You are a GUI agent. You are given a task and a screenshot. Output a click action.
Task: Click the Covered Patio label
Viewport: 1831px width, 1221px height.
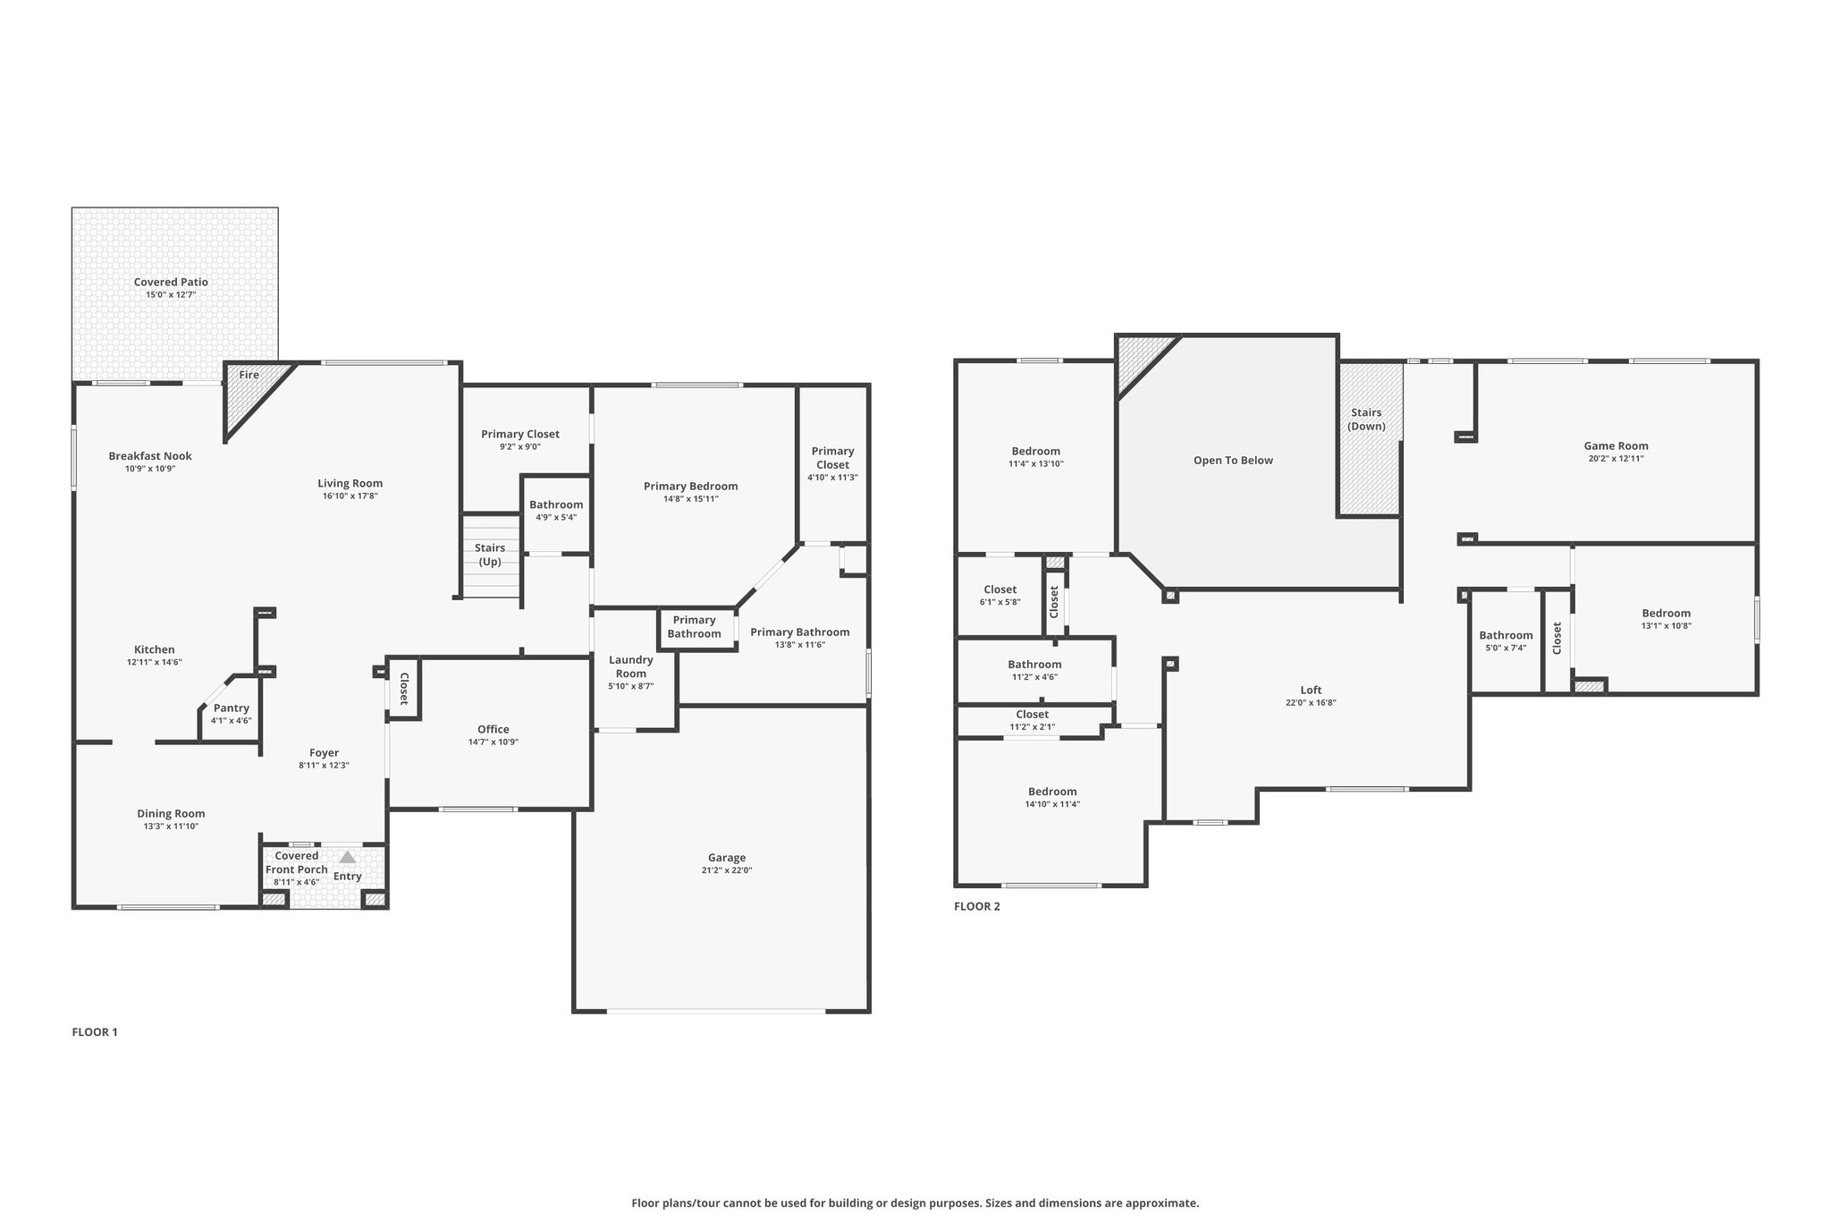pyautogui.click(x=171, y=282)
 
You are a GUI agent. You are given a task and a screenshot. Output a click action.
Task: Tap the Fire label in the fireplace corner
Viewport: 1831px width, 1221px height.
pyautogui.click(x=249, y=375)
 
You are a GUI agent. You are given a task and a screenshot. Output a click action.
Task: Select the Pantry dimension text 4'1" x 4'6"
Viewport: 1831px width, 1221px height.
pyautogui.click(x=232, y=720)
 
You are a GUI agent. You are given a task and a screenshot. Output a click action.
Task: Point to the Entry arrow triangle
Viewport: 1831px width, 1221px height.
pyautogui.click(x=347, y=857)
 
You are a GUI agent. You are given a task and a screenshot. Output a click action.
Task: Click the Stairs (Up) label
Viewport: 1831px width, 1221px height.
pyautogui.click(x=490, y=555)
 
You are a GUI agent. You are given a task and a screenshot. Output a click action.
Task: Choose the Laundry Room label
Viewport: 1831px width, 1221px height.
pyautogui.click(x=631, y=666)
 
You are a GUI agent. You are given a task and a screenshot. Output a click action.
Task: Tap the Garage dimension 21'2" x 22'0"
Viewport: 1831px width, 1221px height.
pyautogui.click(x=727, y=870)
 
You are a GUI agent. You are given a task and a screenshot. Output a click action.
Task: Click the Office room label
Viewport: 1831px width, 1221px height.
pyautogui.click(x=494, y=729)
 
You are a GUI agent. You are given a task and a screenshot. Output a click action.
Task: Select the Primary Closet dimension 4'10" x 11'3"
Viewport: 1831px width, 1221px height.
pyautogui.click(x=832, y=478)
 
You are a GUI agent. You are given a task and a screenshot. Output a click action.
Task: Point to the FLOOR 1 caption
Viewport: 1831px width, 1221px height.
pyautogui.click(x=95, y=1032)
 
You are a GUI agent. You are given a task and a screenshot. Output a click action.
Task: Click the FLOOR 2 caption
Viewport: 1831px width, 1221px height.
pyautogui.click(x=977, y=906)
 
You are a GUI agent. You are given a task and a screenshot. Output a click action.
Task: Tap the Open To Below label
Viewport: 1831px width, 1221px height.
pyautogui.click(x=1233, y=461)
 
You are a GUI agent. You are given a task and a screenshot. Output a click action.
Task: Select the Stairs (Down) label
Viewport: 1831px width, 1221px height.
pyautogui.click(x=1366, y=420)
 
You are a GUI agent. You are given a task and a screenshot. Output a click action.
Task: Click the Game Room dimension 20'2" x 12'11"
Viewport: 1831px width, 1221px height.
pyautogui.click(x=1616, y=458)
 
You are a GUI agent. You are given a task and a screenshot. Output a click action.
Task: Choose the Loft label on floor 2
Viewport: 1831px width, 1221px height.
pyautogui.click(x=1311, y=690)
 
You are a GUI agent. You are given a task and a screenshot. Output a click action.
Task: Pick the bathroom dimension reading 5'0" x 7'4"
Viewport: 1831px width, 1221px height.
pyautogui.click(x=1506, y=648)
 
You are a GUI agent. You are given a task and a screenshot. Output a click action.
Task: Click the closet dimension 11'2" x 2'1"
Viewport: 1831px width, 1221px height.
pyautogui.click(x=1033, y=726)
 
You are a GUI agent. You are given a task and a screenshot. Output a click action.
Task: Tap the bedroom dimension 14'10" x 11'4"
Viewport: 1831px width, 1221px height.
pyautogui.click(x=1052, y=803)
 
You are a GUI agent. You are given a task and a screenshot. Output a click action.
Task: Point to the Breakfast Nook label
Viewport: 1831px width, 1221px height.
pyautogui.click(x=150, y=456)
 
